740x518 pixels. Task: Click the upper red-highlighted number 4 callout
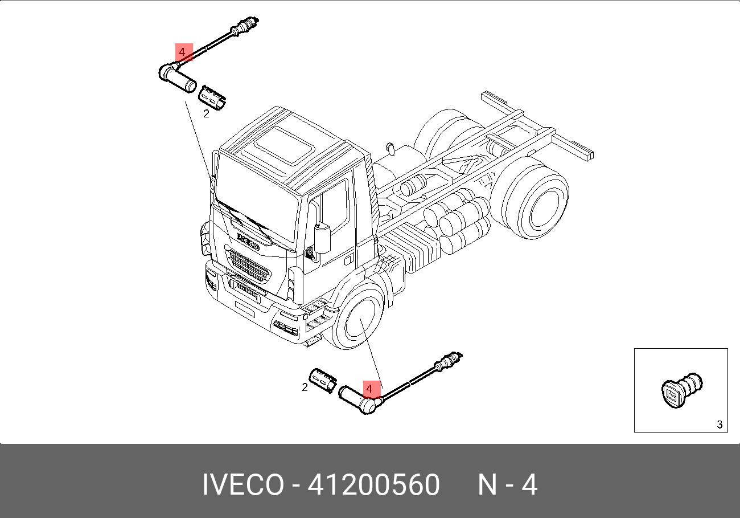click(x=184, y=52)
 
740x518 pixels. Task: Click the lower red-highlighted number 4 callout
click(x=372, y=389)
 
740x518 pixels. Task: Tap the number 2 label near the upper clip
click(x=206, y=114)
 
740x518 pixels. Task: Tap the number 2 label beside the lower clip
click(x=305, y=388)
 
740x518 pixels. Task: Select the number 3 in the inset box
click(x=720, y=425)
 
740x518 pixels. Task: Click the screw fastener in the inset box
click(x=682, y=391)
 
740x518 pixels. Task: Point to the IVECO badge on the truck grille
click(x=248, y=241)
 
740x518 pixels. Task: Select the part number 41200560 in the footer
click(x=373, y=484)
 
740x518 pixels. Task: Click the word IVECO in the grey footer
click(x=243, y=484)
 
